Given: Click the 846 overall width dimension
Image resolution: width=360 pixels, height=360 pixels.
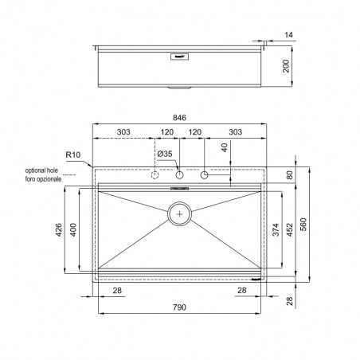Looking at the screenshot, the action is [x=179, y=118].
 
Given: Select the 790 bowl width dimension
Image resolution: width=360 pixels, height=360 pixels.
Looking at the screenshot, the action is [x=179, y=307].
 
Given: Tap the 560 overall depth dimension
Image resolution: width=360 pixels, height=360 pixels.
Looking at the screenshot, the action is [x=303, y=225].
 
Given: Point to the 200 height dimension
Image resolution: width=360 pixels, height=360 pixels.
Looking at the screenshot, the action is [x=286, y=66].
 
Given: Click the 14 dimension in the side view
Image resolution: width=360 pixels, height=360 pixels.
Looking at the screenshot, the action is [x=288, y=35].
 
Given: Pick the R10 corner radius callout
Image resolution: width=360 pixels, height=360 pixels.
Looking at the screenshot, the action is [x=73, y=155].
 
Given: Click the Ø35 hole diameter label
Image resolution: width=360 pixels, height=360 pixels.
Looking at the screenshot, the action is [x=165, y=154].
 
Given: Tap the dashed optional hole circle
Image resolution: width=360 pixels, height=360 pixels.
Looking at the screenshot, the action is [x=155, y=175].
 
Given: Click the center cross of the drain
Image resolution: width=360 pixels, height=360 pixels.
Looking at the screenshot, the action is [x=180, y=213].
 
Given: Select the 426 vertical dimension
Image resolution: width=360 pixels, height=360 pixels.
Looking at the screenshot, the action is [x=58, y=229].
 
